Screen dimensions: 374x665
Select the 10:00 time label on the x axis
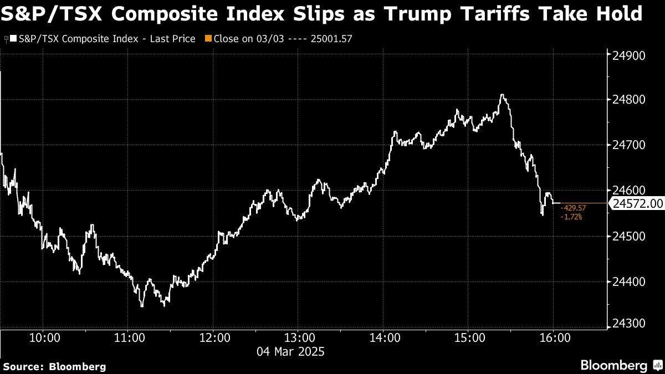[x=44, y=337]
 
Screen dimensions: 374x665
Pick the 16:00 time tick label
[x=555, y=337]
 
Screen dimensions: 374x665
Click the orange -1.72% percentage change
[x=571, y=216]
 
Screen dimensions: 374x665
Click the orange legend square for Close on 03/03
[x=208, y=39]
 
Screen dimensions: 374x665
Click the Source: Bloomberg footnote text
[x=54, y=366]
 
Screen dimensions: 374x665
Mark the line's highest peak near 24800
[x=502, y=95]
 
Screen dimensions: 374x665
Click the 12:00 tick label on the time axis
[x=215, y=337]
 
